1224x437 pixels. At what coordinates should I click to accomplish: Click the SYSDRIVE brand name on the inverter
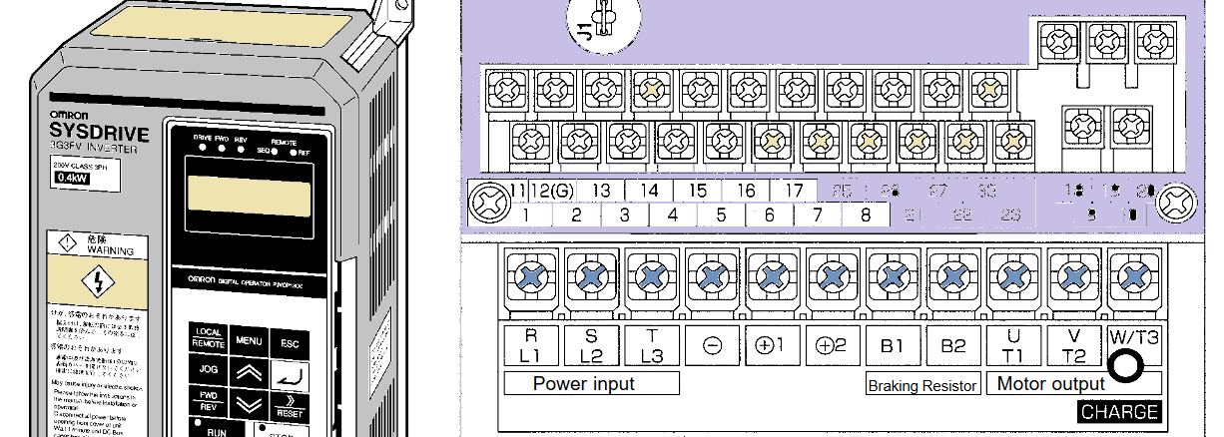[x=99, y=133]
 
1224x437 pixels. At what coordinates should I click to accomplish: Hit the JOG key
[x=209, y=369]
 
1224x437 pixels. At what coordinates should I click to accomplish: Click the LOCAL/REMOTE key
[x=209, y=337]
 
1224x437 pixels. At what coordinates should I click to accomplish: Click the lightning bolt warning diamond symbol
[x=97, y=282]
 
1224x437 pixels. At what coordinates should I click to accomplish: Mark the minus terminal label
[x=712, y=346]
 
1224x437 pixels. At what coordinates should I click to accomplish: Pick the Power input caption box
[x=591, y=384]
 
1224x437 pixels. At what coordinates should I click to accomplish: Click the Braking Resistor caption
[x=921, y=386]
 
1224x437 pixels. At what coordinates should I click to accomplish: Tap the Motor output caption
[x=1051, y=384]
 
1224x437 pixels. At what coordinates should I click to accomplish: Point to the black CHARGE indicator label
[x=1119, y=411]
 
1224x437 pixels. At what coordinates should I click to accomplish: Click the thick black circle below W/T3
[x=1126, y=366]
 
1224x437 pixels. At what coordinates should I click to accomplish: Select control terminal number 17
[x=794, y=191]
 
